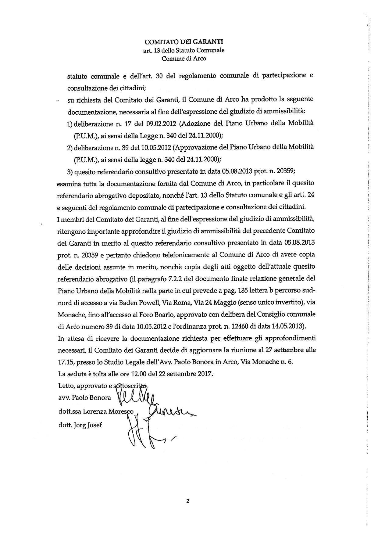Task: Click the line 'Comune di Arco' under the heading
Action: coord(184,58)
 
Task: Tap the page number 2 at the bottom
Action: coord(187,501)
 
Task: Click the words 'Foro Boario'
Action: coord(159,314)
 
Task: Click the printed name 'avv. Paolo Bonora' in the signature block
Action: coord(84,398)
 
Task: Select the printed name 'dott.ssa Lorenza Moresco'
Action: coord(96,411)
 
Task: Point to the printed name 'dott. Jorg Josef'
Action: coord(80,424)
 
